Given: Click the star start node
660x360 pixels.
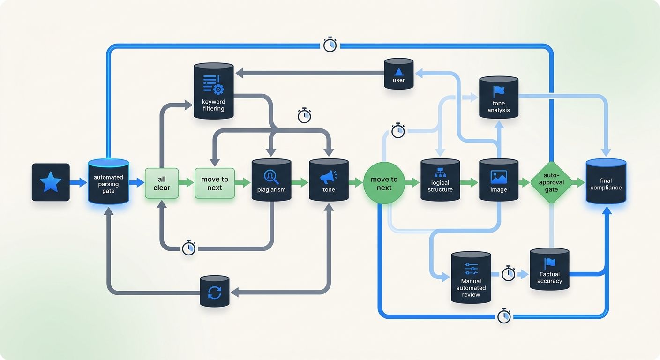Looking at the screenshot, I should [x=51, y=182].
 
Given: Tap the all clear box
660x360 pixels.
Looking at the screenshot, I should [x=162, y=183].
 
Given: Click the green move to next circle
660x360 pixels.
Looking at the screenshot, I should [x=384, y=183].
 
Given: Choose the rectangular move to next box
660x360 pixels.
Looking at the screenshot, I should [x=215, y=183].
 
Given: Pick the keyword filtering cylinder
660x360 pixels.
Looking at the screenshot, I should [x=213, y=91].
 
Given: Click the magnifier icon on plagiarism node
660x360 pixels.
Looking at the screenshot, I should [x=271, y=176].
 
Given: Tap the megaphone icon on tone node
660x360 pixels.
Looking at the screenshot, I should [x=329, y=177].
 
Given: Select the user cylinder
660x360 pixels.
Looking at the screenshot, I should [x=398, y=74].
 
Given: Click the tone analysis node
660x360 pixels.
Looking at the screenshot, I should [x=499, y=97].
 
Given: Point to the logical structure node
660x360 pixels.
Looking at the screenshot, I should [x=440, y=180].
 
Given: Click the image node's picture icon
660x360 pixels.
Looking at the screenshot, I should [x=499, y=177].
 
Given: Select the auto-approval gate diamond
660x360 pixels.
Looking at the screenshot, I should [x=551, y=183].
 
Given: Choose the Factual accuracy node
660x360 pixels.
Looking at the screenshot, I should [x=549, y=270].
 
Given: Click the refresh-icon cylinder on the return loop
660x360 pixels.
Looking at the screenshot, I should [x=215, y=292].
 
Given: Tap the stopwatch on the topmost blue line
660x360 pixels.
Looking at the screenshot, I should [x=330, y=45].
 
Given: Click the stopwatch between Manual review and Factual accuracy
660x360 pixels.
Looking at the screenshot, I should [x=509, y=273].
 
